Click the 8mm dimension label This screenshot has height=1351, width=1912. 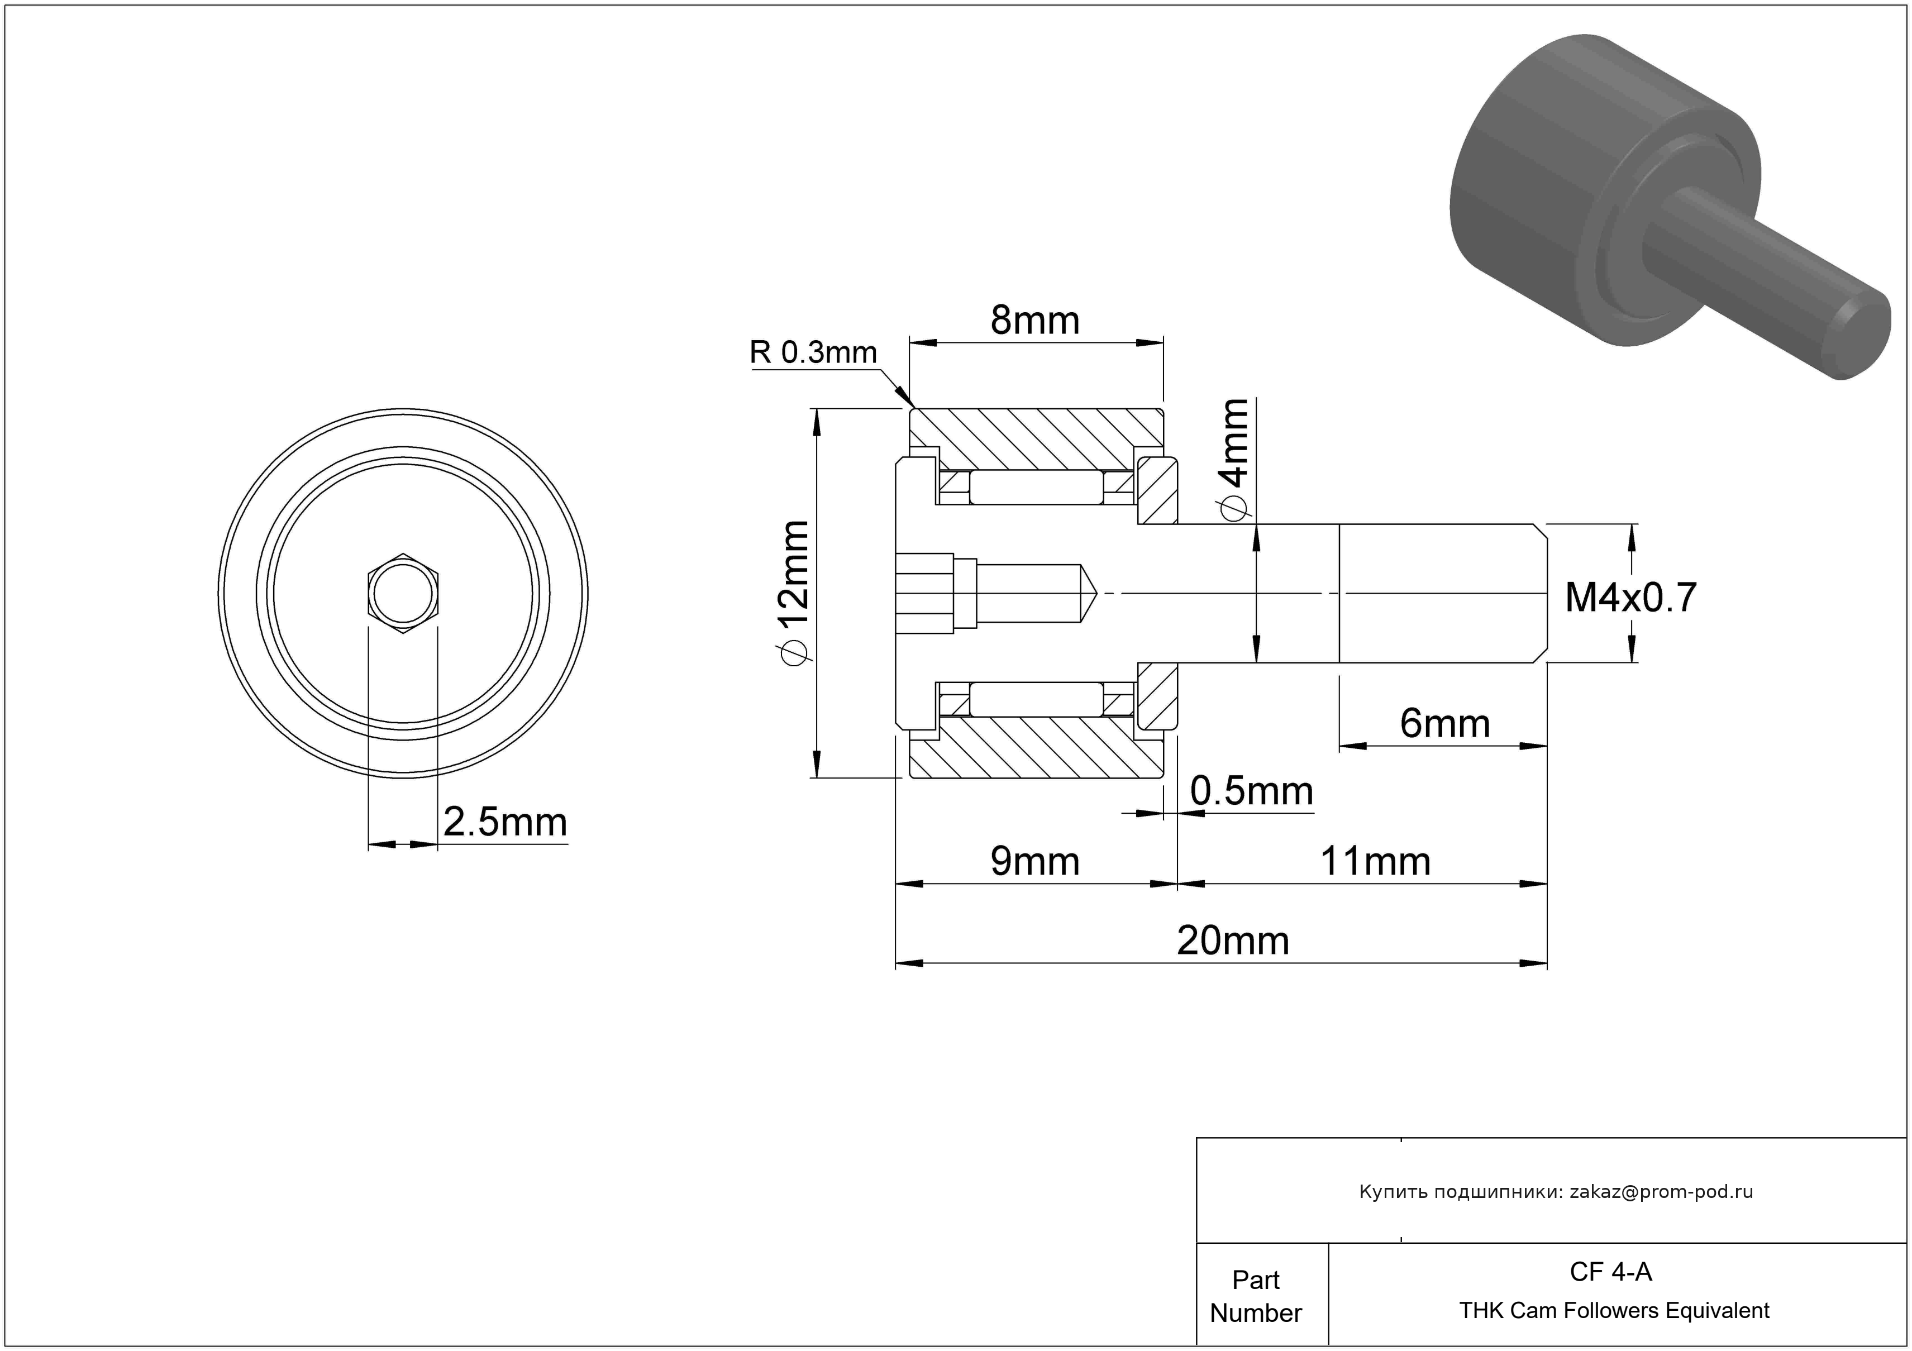click(x=1034, y=321)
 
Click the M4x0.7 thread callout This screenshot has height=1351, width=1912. click(x=1630, y=598)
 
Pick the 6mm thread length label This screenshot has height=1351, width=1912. click(x=1445, y=723)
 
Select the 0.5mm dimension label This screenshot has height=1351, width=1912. click(x=1252, y=791)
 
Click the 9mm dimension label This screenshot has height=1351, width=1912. click(x=1034, y=862)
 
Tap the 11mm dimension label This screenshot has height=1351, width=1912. click(x=1375, y=862)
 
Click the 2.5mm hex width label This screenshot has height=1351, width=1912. click(x=504, y=823)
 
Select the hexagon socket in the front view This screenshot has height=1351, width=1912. click(x=403, y=594)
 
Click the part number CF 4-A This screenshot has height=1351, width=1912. click(x=1610, y=1272)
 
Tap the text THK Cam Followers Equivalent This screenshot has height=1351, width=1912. click(x=1614, y=1311)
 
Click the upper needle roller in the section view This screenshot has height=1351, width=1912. click(x=1036, y=488)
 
